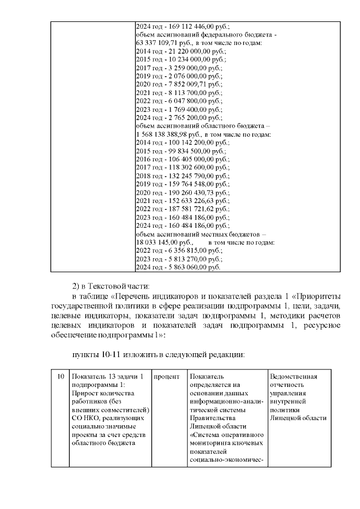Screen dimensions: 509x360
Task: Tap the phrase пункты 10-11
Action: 97,355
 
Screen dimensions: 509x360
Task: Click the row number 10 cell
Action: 60,376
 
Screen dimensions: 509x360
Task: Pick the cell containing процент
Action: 166,376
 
